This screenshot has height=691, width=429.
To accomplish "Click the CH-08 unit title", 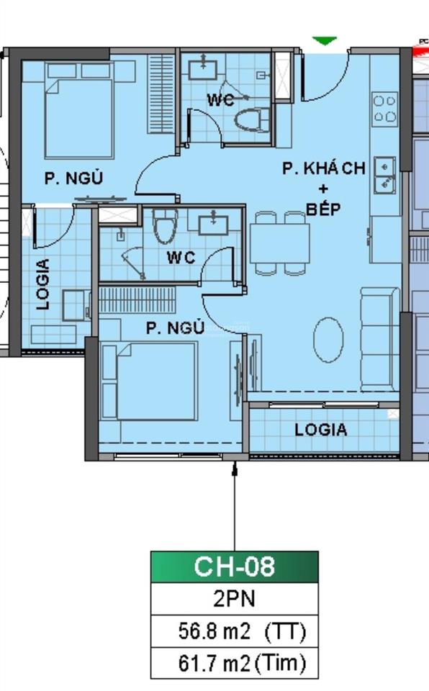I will click(234, 566).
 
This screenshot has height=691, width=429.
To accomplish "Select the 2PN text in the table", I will click(234, 599).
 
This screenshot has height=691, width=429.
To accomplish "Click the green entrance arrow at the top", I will click(325, 41).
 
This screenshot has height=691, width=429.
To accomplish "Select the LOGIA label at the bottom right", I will click(321, 430).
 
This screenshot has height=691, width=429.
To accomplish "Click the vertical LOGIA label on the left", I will click(44, 284).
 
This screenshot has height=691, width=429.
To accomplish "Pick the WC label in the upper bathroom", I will click(220, 101).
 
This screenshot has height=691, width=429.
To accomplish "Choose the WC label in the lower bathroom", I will click(181, 257).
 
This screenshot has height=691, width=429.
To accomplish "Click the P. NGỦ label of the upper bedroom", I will click(73, 179).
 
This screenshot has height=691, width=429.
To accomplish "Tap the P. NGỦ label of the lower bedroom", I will click(175, 328).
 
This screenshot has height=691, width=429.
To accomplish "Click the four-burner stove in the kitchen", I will click(384, 109).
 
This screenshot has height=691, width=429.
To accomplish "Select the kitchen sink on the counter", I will click(386, 175).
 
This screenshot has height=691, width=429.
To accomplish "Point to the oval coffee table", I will click(330, 340).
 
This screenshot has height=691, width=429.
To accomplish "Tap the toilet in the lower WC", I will click(165, 227).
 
